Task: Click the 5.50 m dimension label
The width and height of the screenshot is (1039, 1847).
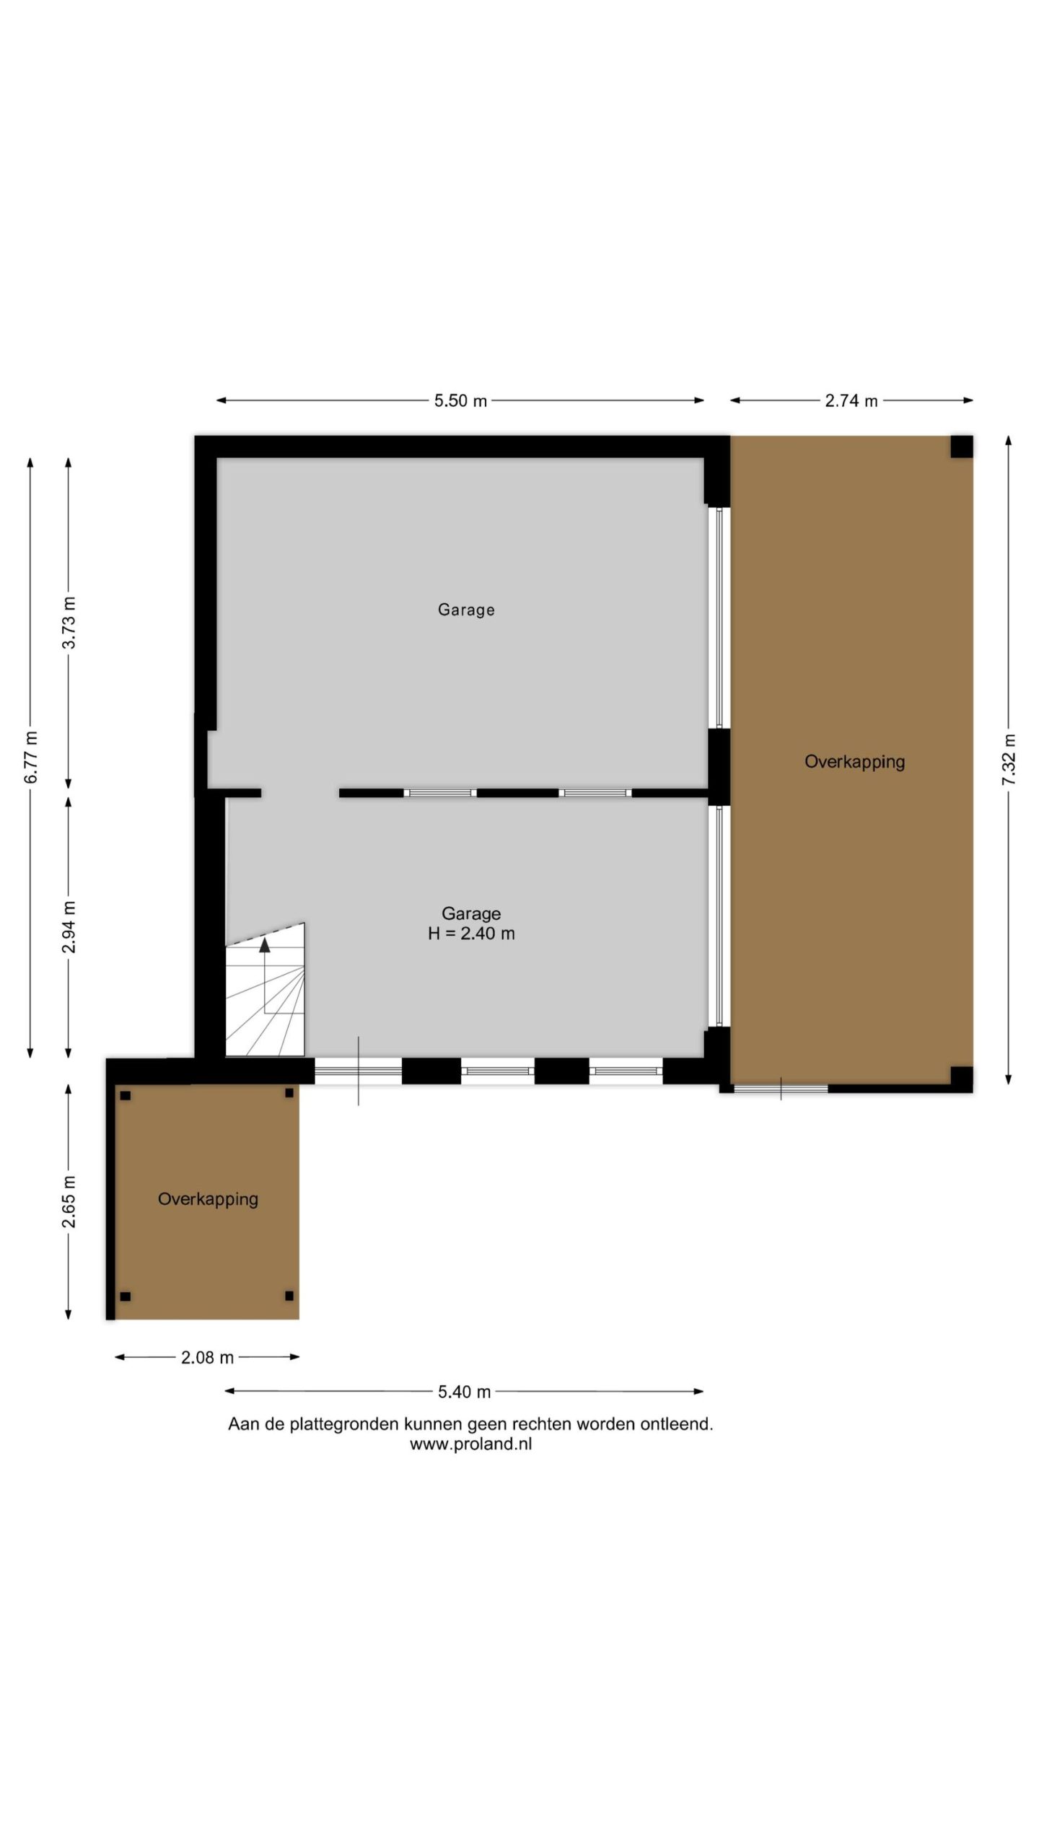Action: coord(460,400)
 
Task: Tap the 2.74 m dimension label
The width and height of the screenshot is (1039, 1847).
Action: coord(851,400)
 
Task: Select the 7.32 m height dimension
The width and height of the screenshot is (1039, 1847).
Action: coord(1009,760)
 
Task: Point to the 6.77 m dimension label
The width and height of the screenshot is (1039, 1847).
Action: coord(30,757)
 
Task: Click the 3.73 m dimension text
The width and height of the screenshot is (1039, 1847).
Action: coord(69,623)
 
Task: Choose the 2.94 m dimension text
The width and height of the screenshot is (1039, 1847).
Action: coord(69,927)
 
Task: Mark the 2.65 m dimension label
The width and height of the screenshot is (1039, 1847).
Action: coord(69,1201)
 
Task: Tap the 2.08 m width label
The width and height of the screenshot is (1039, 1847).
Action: coord(207,1357)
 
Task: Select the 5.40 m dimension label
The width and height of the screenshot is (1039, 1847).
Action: coord(464,1392)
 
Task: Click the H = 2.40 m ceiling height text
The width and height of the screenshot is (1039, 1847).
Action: coord(471,934)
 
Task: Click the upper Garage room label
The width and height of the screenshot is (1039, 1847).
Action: coord(466,610)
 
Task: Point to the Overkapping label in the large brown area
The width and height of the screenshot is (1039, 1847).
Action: coord(855,762)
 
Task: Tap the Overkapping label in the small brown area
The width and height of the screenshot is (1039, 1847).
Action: coord(208,1199)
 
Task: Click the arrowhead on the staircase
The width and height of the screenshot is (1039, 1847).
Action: coord(265,944)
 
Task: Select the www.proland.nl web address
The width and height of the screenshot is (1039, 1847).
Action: coord(470,1444)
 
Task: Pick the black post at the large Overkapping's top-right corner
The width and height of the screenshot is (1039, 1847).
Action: coord(961,447)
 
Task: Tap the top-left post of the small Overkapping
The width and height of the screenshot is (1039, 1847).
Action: coord(125,1095)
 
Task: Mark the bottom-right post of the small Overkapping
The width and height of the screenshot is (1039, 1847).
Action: coord(289,1296)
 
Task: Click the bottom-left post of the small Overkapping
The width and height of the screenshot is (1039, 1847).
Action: coord(125,1297)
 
